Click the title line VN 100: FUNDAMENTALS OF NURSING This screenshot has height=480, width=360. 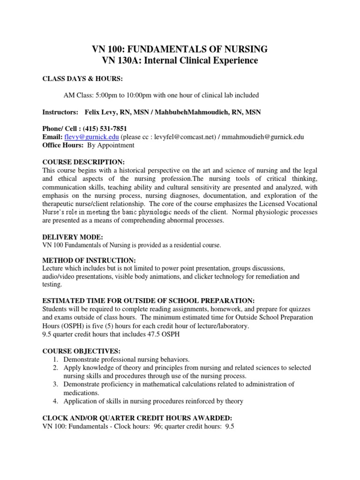pos(180,49)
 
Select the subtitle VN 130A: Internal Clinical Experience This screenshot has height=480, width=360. pos(180,60)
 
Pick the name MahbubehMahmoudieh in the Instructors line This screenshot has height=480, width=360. pos(179,112)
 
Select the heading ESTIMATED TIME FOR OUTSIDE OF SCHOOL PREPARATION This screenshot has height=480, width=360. pos(148,300)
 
